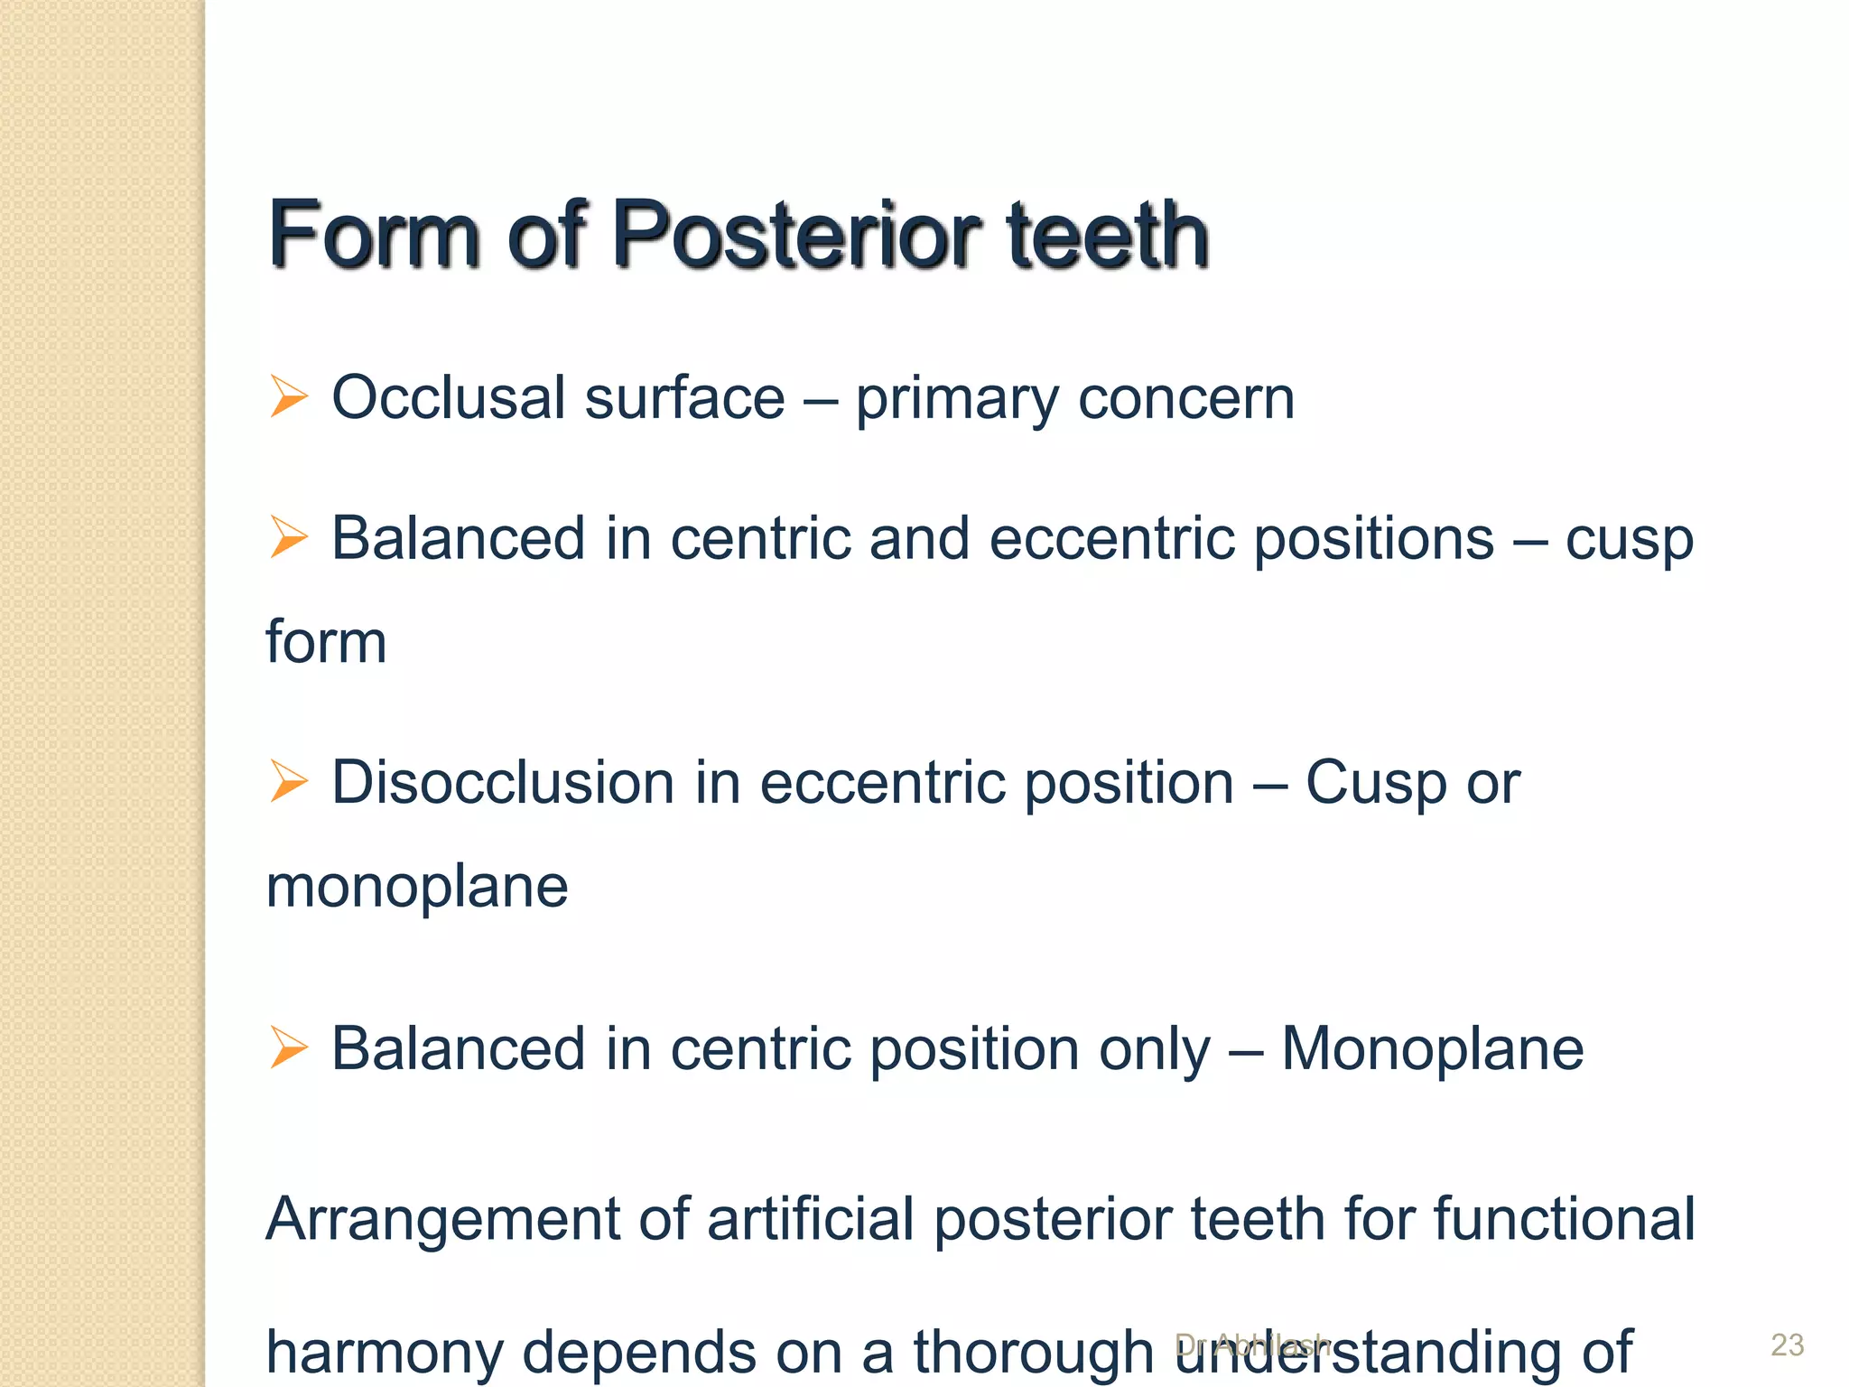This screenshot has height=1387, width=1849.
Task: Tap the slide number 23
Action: (x=1787, y=1345)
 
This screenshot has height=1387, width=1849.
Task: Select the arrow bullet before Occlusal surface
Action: (x=289, y=397)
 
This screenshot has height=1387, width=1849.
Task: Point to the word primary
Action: (x=956, y=399)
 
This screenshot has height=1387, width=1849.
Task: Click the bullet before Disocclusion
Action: (x=289, y=781)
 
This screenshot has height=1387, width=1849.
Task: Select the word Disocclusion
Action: (x=503, y=782)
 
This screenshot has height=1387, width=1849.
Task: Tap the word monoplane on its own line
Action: (x=417, y=886)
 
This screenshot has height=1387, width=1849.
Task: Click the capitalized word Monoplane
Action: (x=1432, y=1049)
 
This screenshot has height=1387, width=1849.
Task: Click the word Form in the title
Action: (x=374, y=235)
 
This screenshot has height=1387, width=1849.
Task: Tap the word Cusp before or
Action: (x=1375, y=782)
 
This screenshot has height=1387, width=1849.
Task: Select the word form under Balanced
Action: (x=326, y=642)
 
